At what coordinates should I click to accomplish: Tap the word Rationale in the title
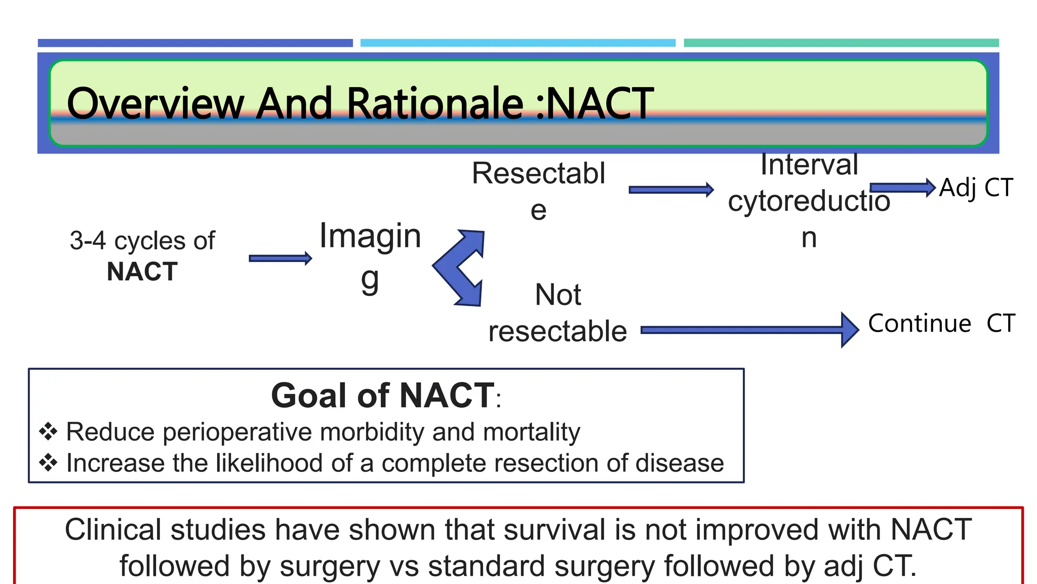434,104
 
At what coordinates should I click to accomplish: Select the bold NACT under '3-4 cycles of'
142,272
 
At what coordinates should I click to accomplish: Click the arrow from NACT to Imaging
280,259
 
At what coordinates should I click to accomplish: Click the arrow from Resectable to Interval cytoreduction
670,190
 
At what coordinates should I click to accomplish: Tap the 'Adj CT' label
976,188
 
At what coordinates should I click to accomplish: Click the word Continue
920,323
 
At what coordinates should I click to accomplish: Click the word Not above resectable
558,295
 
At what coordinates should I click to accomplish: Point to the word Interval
809,165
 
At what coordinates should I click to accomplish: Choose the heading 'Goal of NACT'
382,395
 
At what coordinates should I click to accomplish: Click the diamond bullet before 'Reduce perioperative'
48,432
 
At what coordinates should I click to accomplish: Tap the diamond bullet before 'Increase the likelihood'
48,463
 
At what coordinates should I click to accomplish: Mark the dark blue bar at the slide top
195,43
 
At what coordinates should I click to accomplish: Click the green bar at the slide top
841,43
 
